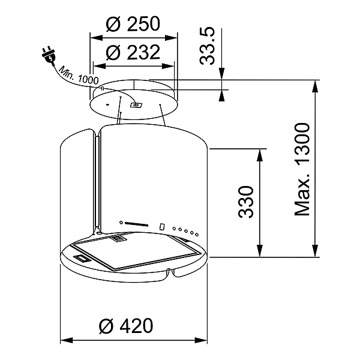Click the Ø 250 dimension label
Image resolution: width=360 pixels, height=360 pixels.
(x=133, y=25)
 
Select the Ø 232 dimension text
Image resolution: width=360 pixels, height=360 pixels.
(x=133, y=53)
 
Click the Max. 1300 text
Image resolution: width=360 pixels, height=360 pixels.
(x=304, y=170)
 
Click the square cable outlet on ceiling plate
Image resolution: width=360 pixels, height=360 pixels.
(x=136, y=106)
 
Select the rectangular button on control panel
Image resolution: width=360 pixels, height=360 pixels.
(x=163, y=227)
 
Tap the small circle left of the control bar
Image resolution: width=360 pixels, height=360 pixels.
(x=121, y=222)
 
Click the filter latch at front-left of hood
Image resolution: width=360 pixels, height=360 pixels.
(x=80, y=259)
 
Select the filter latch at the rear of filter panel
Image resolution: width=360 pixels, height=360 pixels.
(x=118, y=239)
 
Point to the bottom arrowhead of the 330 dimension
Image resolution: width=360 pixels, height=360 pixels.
(x=259, y=253)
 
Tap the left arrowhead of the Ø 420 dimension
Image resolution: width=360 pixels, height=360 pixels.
(x=64, y=340)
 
